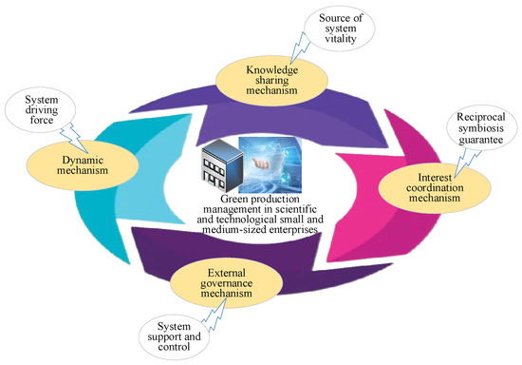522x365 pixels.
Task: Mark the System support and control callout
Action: pos(174,335)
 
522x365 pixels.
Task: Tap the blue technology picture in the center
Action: pos(271,161)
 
